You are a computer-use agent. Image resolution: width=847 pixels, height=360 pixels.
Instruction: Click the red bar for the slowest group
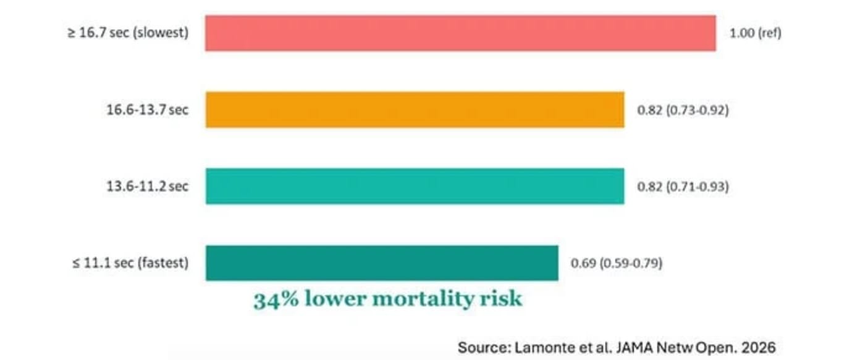pos(460,33)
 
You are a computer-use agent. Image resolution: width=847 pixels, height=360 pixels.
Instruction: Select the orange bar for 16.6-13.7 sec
pos(415,110)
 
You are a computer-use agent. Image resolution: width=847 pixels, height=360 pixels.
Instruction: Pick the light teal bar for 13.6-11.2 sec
pos(415,186)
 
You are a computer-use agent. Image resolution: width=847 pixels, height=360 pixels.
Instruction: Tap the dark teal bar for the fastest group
pos(382,263)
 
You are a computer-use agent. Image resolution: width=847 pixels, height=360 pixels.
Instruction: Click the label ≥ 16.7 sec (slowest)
pos(128,33)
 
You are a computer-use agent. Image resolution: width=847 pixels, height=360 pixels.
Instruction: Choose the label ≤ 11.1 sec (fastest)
pos(130,263)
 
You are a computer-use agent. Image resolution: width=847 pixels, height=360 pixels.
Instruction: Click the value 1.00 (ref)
pos(756,33)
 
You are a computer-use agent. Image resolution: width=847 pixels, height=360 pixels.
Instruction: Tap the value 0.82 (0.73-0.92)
pos(683,111)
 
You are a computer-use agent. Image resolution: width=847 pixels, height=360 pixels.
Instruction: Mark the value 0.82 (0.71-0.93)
pos(683,186)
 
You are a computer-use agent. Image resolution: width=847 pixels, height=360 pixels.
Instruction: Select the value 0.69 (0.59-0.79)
pos(617,264)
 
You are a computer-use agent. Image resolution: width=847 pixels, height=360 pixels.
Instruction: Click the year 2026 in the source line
pos(760,347)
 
